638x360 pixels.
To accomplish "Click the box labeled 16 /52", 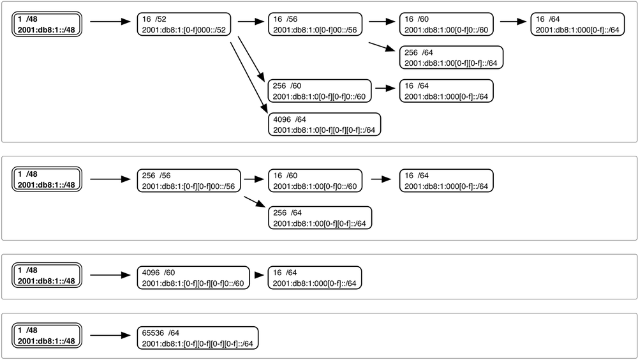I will pyautogui.click(x=184, y=24).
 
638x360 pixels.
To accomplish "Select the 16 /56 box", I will pyautogui.click(x=314, y=24).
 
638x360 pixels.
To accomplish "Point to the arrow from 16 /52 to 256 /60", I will pyautogui.click(x=252, y=59).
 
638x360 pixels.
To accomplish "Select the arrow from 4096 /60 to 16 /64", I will pyautogui.click(x=258, y=276).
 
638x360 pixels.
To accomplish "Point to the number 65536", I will pyautogui.click(x=153, y=333).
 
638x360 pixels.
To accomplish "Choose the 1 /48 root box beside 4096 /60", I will pyautogui.click(x=47, y=276).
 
